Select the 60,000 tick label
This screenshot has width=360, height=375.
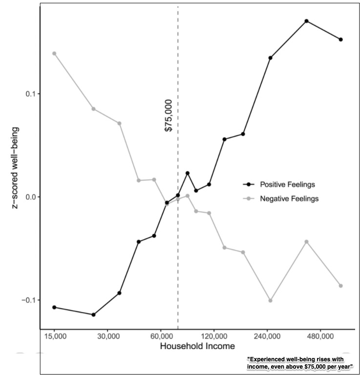[x=161, y=337]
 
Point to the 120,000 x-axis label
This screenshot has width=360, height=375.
[x=215, y=337]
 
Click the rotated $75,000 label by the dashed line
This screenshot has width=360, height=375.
[x=168, y=115]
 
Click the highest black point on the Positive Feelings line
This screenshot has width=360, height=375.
[x=307, y=21]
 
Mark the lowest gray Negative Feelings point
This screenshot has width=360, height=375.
[x=270, y=300]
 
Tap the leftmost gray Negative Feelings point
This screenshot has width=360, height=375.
[x=54, y=53]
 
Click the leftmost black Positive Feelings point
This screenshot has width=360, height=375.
[x=54, y=307]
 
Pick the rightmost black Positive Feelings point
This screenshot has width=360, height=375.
[x=341, y=40]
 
